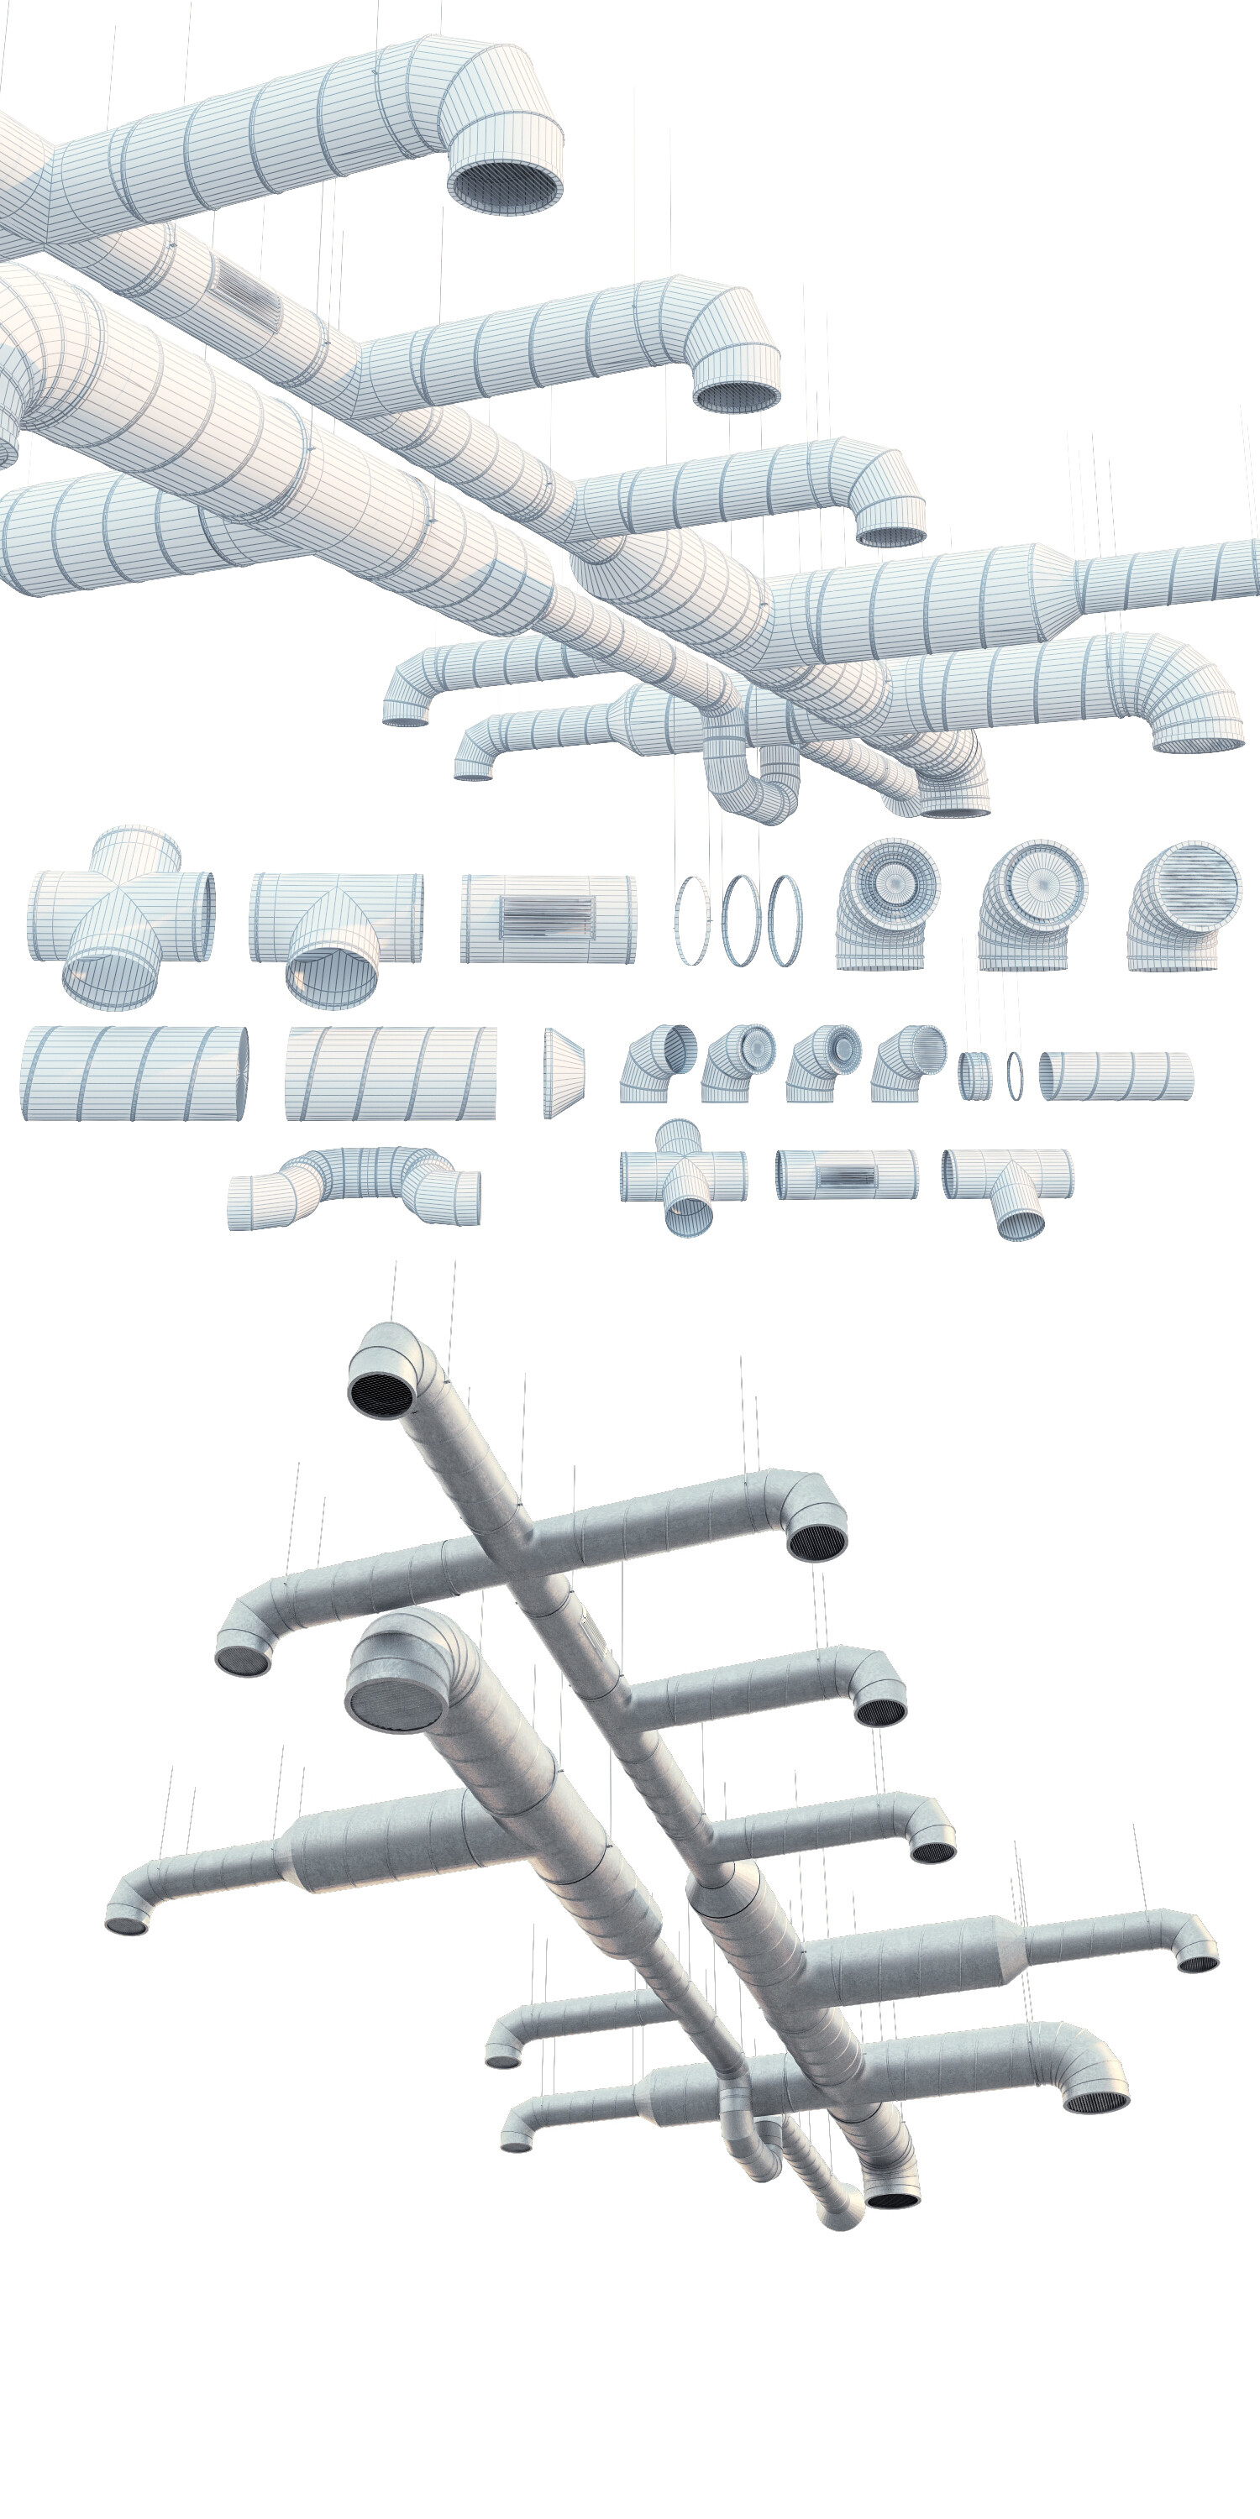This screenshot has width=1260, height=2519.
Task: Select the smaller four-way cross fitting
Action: [x=683, y=1176]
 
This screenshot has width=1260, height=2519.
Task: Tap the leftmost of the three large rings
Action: [x=691, y=920]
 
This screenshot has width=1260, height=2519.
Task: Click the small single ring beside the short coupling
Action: [x=1015, y=1075]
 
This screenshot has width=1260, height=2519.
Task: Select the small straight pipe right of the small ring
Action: [x=1116, y=1076]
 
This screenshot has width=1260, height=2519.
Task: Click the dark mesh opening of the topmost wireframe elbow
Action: [x=506, y=184]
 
